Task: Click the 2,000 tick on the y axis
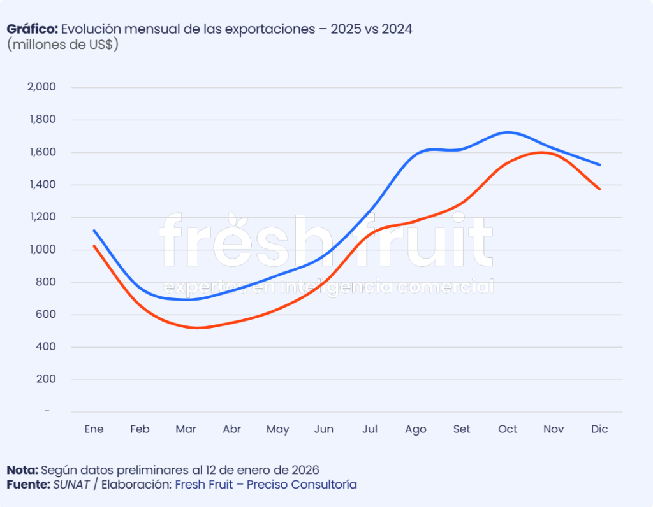(x=41, y=87)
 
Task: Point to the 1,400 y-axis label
(x=41, y=185)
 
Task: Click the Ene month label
(x=94, y=429)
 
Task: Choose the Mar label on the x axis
(x=186, y=429)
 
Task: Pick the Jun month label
(x=324, y=429)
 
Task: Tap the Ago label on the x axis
(x=416, y=429)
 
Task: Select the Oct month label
(x=508, y=429)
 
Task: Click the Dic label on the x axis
(x=599, y=429)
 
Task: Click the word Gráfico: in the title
(x=33, y=29)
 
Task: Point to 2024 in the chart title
(x=397, y=29)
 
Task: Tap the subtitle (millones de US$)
(x=62, y=45)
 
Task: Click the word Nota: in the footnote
(x=22, y=470)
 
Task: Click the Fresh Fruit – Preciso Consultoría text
(x=266, y=485)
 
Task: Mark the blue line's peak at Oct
(x=507, y=132)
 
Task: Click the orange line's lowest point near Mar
(x=196, y=328)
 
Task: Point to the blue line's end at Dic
(x=599, y=164)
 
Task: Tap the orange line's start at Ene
(x=94, y=246)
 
